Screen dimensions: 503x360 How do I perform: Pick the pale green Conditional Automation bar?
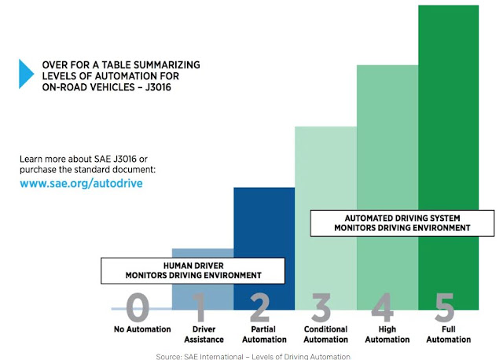[326, 167]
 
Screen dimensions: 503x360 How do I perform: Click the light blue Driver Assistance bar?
[203, 253]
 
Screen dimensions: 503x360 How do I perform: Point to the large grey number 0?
[138, 307]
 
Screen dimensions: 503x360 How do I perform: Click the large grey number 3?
[321, 307]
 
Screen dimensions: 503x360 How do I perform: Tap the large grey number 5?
[445, 307]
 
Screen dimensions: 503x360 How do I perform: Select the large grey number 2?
[260, 307]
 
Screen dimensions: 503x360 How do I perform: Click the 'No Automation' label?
[142, 329]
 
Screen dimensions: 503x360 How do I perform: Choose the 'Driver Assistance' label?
[204, 334]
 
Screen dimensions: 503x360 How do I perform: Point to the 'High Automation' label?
[387, 334]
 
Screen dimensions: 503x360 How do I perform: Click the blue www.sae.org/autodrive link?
[81, 183]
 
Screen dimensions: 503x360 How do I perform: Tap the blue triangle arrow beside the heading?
[26, 74]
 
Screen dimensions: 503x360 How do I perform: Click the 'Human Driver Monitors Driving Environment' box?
[193, 271]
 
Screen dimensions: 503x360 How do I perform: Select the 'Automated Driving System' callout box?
[402, 223]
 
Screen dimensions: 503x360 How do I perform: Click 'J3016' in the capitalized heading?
[158, 87]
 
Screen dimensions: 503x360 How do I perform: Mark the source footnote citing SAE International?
[253, 357]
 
